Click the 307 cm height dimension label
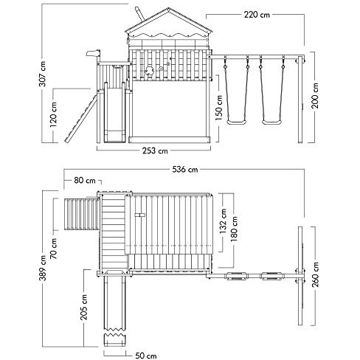pyautogui.click(x=43, y=74)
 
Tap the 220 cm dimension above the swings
pyautogui.click(x=257, y=15)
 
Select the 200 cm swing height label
pyautogui.click(x=315, y=96)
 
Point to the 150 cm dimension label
pyautogui.click(x=219, y=108)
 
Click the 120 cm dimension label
pyautogui.click(x=53, y=114)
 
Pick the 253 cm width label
pyautogui.click(x=155, y=150)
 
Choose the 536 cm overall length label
pyautogui.click(x=185, y=170)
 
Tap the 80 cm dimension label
pyautogui.click(x=85, y=181)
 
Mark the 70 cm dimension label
pyautogui.click(x=53, y=249)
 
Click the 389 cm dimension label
pyautogui.click(x=43, y=268)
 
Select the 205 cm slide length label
pyautogui.click(x=84, y=307)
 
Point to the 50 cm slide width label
pyautogui.click(x=146, y=356)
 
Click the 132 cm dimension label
pyautogui.click(x=224, y=221)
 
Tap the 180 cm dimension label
pyautogui.click(x=235, y=229)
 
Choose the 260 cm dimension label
pyautogui.click(x=315, y=274)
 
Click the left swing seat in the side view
pyautogui.click(x=237, y=122)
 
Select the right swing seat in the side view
pyautogui.click(x=272, y=122)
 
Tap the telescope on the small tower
pyautogui.click(x=94, y=53)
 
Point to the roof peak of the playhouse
pyautogui.click(x=169, y=8)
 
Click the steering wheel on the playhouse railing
pyautogui.click(x=149, y=71)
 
